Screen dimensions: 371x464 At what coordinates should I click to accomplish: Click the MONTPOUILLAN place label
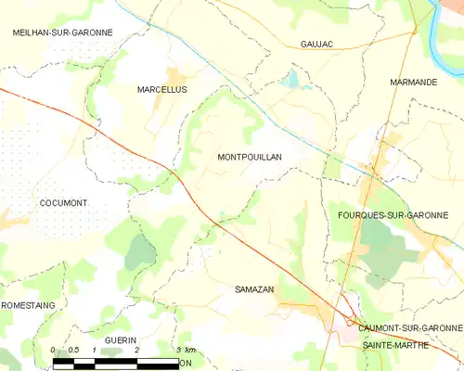click(249, 158)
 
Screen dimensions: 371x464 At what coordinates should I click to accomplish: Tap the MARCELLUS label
click(161, 90)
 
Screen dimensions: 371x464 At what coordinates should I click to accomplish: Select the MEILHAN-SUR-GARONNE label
click(62, 32)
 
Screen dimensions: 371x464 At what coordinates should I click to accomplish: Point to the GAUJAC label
click(316, 44)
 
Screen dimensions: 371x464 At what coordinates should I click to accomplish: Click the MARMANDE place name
click(413, 83)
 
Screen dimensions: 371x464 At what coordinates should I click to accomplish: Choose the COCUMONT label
click(63, 202)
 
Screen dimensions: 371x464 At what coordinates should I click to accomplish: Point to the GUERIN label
click(120, 340)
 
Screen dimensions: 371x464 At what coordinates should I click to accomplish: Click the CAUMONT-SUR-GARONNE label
click(410, 328)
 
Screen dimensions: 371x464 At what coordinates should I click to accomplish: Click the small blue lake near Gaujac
click(293, 80)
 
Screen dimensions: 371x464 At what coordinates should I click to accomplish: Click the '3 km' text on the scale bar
click(185, 350)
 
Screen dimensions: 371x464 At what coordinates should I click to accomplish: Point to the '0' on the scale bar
click(53, 350)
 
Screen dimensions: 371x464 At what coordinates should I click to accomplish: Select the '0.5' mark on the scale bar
click(74, 350)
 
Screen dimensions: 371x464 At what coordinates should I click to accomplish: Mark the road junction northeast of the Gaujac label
click(413, 32)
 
